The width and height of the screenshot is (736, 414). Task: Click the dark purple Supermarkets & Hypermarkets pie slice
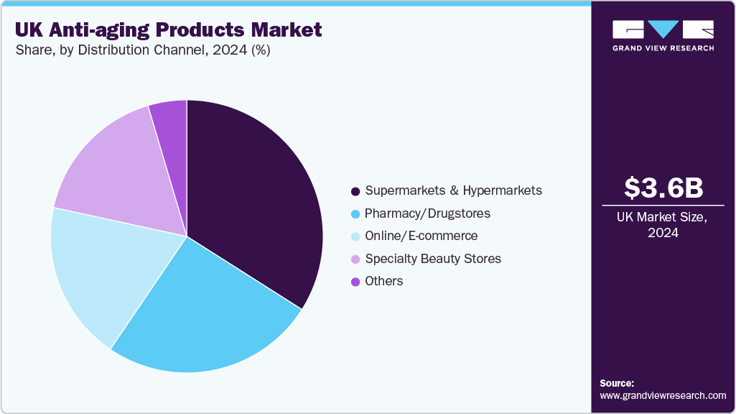tap(251, 201)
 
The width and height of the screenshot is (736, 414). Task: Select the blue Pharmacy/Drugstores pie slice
tap(208, 316)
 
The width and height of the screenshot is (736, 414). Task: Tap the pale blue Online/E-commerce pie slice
tap(108, 273)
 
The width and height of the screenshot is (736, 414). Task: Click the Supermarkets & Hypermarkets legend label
tap(453, 190)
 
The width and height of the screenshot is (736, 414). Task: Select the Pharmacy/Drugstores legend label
tap(427, 213)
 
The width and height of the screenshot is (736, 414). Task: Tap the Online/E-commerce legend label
tap(421, 236)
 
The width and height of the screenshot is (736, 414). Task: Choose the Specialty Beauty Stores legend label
tap(433, 258)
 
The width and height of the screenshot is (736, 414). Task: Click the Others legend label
tap(384, 281)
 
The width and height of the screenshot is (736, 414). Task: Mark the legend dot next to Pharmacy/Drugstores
tap(355, 214)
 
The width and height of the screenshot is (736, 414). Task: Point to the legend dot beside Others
tap(355, 282)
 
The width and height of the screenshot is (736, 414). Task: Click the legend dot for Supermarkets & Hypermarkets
tap(355, 191)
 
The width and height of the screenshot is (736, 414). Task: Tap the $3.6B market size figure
tap(663, 188)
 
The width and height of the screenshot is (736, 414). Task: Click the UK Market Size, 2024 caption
tap(663, 224)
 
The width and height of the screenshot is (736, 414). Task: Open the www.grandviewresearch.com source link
tap(663, 395)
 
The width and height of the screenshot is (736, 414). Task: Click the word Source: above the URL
tap(617, 383)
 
